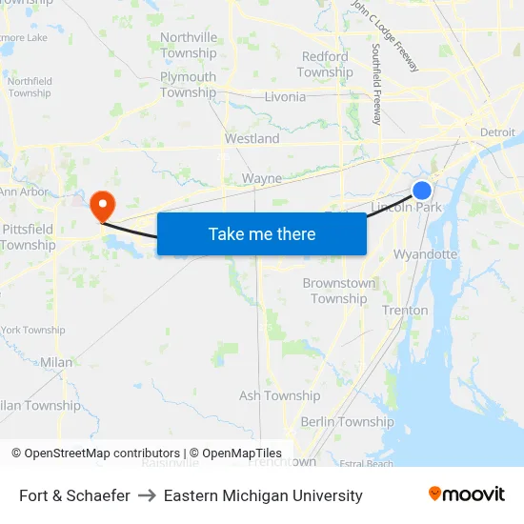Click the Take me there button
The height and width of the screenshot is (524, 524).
click(x=262, y=234)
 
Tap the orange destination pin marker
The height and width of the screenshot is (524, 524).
click(x=101, y=204)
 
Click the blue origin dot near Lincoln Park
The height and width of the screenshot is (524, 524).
click(x=422, y=191)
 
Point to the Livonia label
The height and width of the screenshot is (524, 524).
click(x=285, y=96)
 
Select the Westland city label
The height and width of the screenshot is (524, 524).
click(x=252, y=138)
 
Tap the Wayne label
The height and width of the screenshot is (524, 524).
click(x=262, y=178)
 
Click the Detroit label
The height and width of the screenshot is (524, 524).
click(x=497, y=131)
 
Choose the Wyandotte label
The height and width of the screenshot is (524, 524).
click(x=425, y=254)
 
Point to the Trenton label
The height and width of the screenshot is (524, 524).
click(x=405, y=311)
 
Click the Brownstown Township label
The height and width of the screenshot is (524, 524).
click(x=339, y=291)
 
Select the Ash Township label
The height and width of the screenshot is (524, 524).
click(x=279, y=395)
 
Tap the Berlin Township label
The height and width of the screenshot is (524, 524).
click(x=347, y=422)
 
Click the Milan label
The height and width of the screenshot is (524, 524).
click(x=56, y=362)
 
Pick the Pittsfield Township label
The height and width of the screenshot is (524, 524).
click(x=28, y=237)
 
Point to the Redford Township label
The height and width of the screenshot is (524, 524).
click(x=325, y=65)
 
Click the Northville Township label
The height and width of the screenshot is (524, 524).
click(x=189, y=45)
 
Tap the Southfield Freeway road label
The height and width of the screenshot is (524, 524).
click(x=376, y=84)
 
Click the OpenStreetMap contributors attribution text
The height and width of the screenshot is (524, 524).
click(x=101, y=453)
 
